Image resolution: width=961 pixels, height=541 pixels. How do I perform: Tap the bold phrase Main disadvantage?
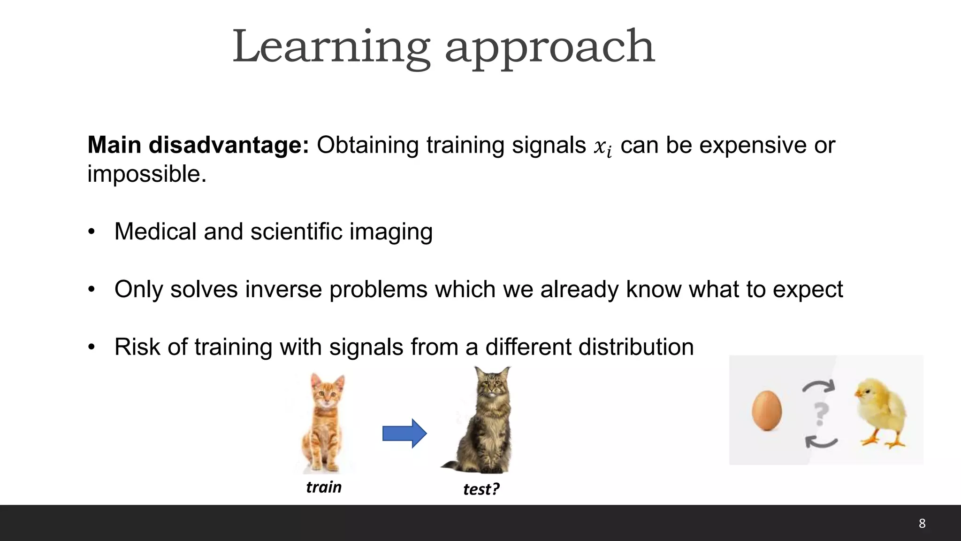[198, 145]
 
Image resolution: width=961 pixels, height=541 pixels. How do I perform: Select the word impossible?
[146, 174]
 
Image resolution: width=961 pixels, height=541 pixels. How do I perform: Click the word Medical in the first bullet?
[155, 232]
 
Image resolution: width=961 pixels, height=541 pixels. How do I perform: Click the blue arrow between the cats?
[404, 433]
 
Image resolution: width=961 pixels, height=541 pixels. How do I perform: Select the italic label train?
[324, 487]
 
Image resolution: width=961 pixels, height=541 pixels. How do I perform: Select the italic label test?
[481, 489]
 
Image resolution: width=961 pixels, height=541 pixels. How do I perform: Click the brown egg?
[767, 410]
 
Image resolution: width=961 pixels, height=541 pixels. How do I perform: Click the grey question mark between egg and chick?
[820, 414]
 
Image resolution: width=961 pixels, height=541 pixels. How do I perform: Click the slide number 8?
[922, 524]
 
